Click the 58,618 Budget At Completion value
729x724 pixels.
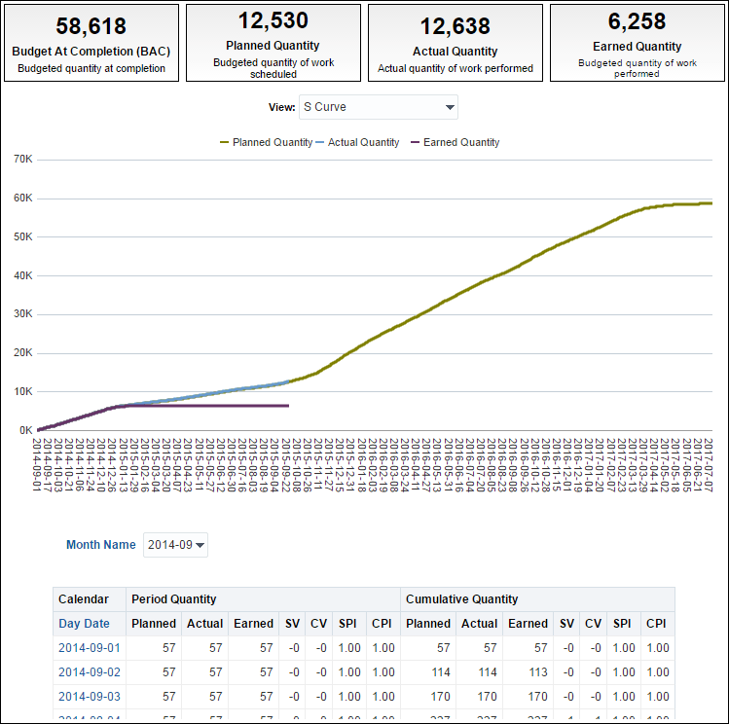tap(91, 26)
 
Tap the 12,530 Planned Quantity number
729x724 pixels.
tap(273, 20)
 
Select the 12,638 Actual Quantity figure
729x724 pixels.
tap(455, 26)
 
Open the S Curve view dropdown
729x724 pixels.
tap(380, 107)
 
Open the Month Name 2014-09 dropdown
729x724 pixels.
tap(175, 545)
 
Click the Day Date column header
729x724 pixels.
tap(84, 623)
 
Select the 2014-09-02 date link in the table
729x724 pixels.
tap(89, 671)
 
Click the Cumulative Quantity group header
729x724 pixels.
tap(461, 598)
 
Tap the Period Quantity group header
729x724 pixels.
tap(173, 598)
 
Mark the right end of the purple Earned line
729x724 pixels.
tap(288, 406)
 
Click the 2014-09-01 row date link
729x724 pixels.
tap(89, 647)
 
